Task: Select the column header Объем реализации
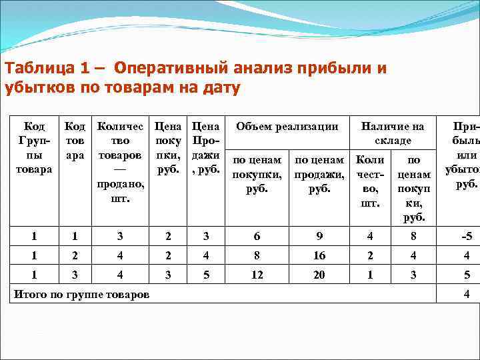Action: (x=287, y=126)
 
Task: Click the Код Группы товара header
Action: (x=34, y=147)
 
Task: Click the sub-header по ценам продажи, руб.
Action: (x=319, y=174)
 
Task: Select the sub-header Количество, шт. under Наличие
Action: (x=370, y=182)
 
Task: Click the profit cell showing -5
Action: (x=467, y=235)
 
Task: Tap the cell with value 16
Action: (x=319, y=255)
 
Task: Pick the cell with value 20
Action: (x=319, y=275)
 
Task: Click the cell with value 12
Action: (x=257, y=275)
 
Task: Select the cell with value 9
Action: (x=319, y=235)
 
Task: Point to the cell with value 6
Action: (x=257, y=235)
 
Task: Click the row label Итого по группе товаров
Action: (x=82, y=294)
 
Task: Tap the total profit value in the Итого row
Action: (x=467, y=294)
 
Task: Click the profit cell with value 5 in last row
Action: (x=467, y=275)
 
